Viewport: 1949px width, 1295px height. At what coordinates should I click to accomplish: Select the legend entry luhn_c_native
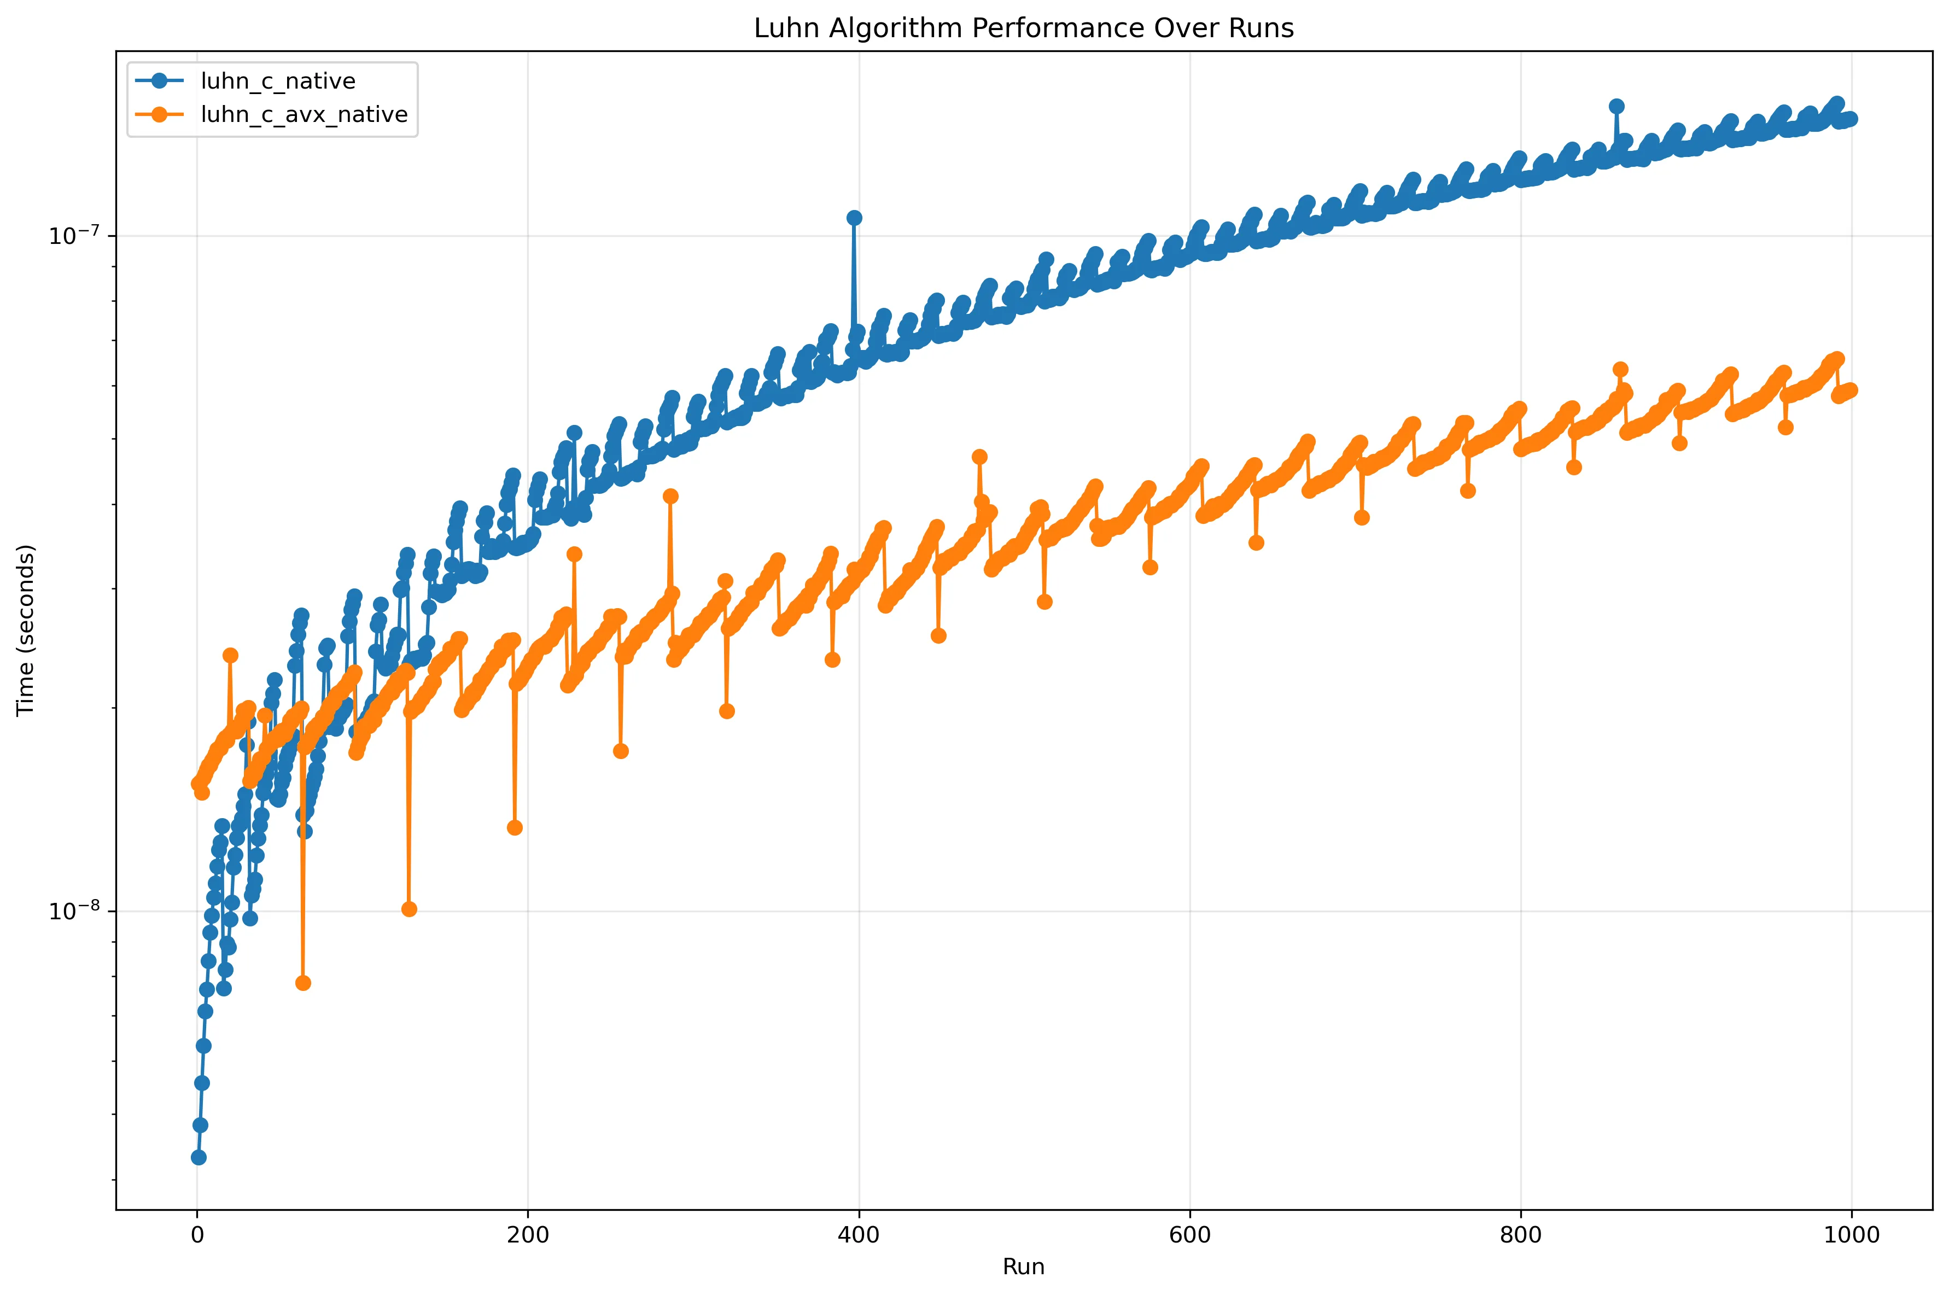click(277, 81)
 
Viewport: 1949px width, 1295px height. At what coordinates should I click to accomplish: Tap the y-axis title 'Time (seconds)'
click(26, 630)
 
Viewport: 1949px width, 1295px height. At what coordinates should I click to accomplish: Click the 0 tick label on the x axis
click(196, 1235)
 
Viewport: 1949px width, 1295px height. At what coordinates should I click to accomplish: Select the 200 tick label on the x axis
click(528, 1235)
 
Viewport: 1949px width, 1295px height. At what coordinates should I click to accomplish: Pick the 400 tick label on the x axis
click(859, 1235)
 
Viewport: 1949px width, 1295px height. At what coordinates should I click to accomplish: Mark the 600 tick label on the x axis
click(1190, 1235)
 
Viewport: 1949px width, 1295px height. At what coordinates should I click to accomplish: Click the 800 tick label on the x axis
click(1520, 1235)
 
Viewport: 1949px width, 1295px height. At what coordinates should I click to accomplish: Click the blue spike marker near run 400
click(854, 217)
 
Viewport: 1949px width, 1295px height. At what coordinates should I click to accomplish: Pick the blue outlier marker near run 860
click(1616, 106)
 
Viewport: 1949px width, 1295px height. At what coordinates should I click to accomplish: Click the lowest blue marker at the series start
click(198, 1157)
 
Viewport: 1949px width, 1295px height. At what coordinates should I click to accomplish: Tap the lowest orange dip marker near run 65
click(303, 983)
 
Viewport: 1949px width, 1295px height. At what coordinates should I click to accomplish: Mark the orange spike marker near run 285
click(670, 495)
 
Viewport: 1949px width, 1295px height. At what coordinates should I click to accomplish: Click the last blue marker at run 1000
click(1851, 119)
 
